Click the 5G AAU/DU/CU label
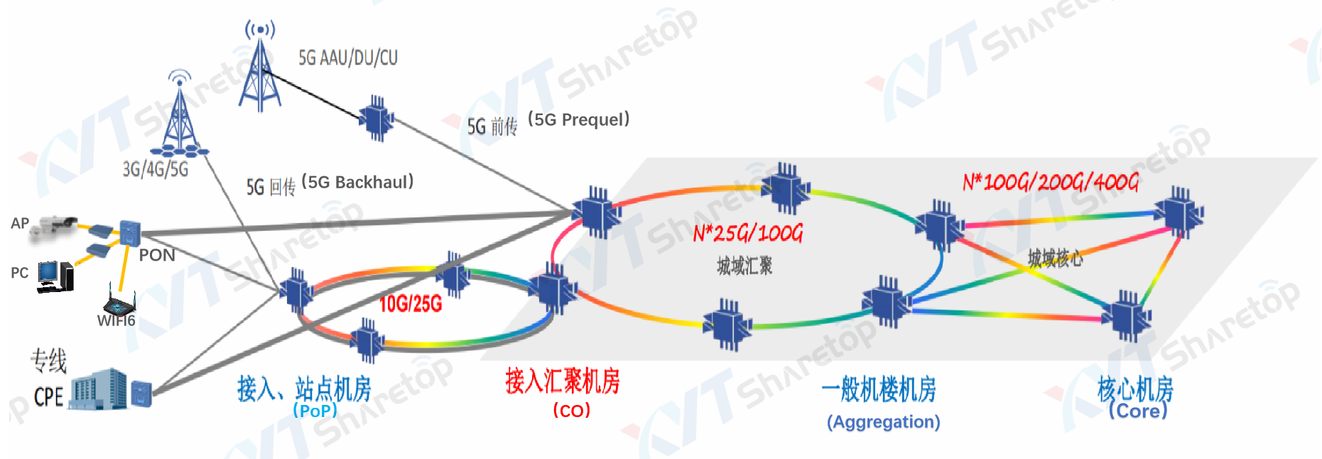347,58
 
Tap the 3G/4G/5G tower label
156,169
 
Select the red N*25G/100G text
747,233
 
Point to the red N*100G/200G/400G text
1050,183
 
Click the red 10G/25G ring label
410,304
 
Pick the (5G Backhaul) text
357,183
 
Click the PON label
156,255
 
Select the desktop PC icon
55,276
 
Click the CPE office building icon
99,389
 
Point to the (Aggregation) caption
883,422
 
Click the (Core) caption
1137,411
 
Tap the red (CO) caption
571,411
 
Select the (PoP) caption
315,411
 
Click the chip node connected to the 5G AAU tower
376,119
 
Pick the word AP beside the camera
20,224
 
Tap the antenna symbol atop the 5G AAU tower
260,29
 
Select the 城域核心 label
1055,258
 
